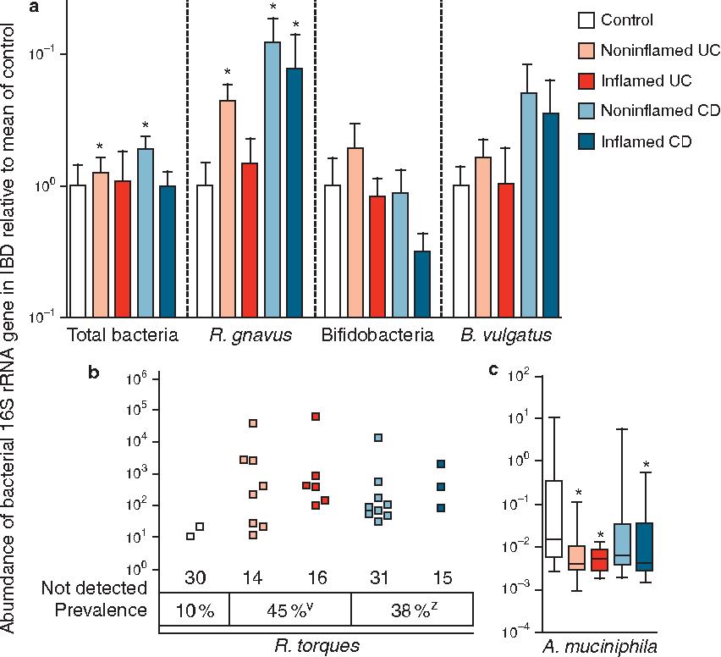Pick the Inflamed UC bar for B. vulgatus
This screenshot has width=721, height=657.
click(x=506, y=250)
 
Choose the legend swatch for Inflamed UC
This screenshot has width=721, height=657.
click(x=584, y=81)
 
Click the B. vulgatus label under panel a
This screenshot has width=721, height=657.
click(x=506, y=335)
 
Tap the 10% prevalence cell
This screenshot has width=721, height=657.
click(x=195, y=610)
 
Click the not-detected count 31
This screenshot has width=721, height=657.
click(x=378, y=577)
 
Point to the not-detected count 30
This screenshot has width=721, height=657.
click(x=195, y=577)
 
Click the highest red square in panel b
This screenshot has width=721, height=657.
click(x=315, y=417)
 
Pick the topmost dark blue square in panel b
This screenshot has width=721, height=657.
click(x=440, y=464)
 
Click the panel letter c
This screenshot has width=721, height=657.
click(x=493, y=370)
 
